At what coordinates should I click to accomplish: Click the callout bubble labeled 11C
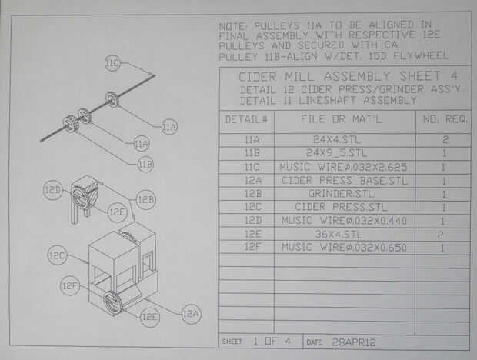113,64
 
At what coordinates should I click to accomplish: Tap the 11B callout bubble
145,164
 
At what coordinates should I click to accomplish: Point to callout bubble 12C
56,255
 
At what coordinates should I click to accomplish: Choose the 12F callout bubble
70,287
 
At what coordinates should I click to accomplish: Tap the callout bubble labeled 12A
190,314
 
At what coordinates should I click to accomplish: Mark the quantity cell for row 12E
444,234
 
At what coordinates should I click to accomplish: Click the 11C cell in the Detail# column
252,167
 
